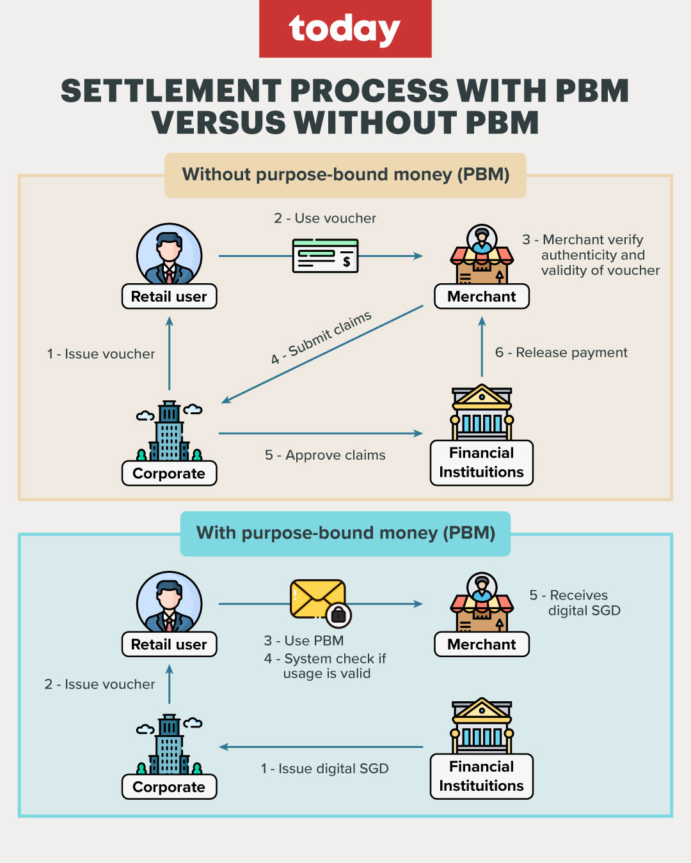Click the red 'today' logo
345,29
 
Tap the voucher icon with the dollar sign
325,256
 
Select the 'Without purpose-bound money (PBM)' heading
345,175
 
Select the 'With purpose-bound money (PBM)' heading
345,533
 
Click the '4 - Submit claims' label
321,338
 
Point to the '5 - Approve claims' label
325,455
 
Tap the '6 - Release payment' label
561,353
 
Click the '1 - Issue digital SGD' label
324,768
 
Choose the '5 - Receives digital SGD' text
575,603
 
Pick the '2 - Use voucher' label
325,218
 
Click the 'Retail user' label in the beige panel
169,297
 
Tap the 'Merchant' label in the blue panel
481,644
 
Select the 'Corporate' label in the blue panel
169,787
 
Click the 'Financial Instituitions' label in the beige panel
481,462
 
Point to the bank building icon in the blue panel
482,726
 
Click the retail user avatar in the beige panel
169,254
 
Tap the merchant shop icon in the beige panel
482,255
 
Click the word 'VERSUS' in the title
218,123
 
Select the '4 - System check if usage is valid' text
326,666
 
